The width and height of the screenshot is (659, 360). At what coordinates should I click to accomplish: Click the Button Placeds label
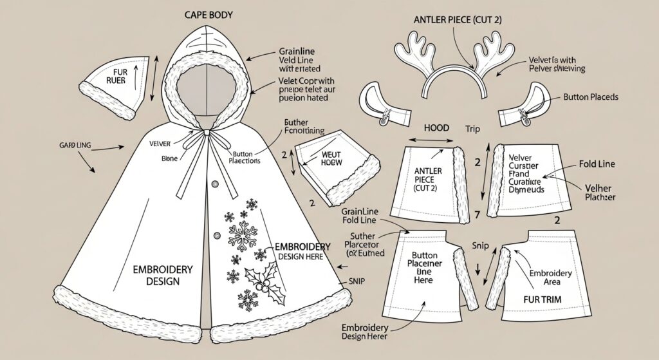[590, 97]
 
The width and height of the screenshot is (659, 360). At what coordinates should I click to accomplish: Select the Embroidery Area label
[550, 278]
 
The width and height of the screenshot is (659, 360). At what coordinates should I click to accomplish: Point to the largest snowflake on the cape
[242, 236]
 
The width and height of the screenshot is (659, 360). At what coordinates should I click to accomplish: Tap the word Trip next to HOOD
[473, 128]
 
